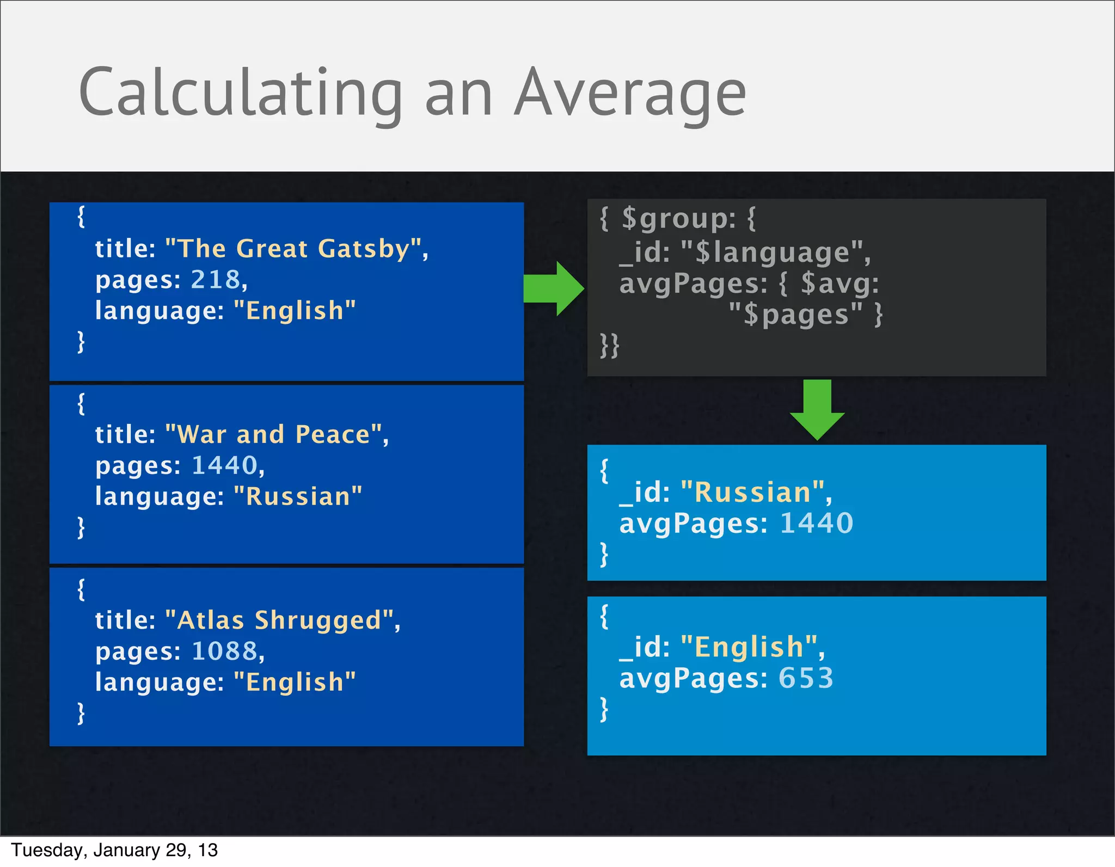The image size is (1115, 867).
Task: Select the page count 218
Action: pyautogui.click(x=216, y=280)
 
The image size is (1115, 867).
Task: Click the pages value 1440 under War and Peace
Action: pyautogui.click(x=224, y=466)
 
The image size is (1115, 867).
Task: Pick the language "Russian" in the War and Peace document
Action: pyautogui.click(x=298, y=497)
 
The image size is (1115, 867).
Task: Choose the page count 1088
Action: pyautogui.click(x=224, y=651)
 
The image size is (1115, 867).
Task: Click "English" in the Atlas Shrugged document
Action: pyautogui.click(x=295, y=682)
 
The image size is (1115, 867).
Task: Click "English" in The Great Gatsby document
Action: pyautogui.click(x=295, y=311)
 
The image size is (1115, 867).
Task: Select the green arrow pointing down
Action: pyautogui.click(x=817, y=409)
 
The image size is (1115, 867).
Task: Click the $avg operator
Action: pyautogui.click(x=839, y=284)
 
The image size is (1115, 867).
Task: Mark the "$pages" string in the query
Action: pyautogui.click(x=795, y=315)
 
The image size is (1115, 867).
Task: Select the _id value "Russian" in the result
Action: pyautogui.click(x=752, y=493)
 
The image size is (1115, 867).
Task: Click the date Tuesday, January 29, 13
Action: pyautogui.click(x=114, y=850)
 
